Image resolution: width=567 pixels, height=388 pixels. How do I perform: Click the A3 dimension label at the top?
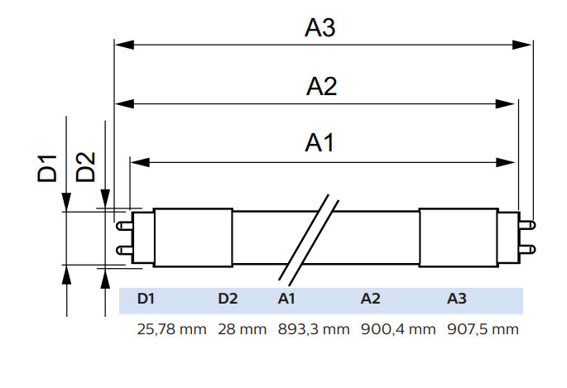(x=320, y=27)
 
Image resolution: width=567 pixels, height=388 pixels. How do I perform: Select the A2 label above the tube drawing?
(x=321, y=87)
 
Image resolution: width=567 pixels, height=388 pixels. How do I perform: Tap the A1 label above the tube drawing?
(x=320, y=142)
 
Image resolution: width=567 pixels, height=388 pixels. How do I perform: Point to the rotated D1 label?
(x=47, y=168)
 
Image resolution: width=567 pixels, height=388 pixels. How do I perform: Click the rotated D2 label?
(x=85, y=167)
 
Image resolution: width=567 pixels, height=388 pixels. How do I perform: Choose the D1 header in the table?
(x=146, y=299)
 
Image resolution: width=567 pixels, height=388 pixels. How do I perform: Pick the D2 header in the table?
(x=228, y=299)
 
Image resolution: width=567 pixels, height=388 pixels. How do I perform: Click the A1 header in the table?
(x=286, y=299)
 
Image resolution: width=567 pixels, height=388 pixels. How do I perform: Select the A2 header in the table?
(x=370, y=299)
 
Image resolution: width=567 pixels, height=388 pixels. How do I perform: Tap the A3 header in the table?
(x=457, y=299)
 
